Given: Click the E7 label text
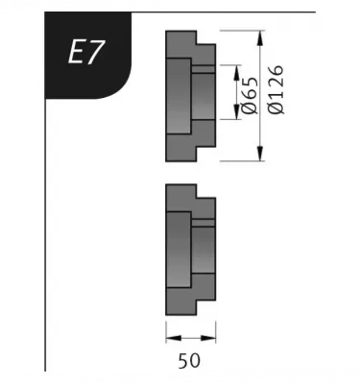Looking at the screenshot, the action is (86, 53).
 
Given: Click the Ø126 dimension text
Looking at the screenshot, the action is (276, 89).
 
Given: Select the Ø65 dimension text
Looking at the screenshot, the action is (250, 95).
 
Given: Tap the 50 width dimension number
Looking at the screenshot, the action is (189, 361).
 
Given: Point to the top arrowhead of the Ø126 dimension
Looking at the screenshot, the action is (261, 38).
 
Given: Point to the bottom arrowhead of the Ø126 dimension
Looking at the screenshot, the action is (261, 154).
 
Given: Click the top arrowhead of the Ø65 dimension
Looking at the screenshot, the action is (237, 72).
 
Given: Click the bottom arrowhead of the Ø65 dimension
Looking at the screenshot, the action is (237, 111).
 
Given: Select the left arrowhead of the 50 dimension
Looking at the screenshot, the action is (174, 338).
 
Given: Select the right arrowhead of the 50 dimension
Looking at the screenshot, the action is (208, 338).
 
